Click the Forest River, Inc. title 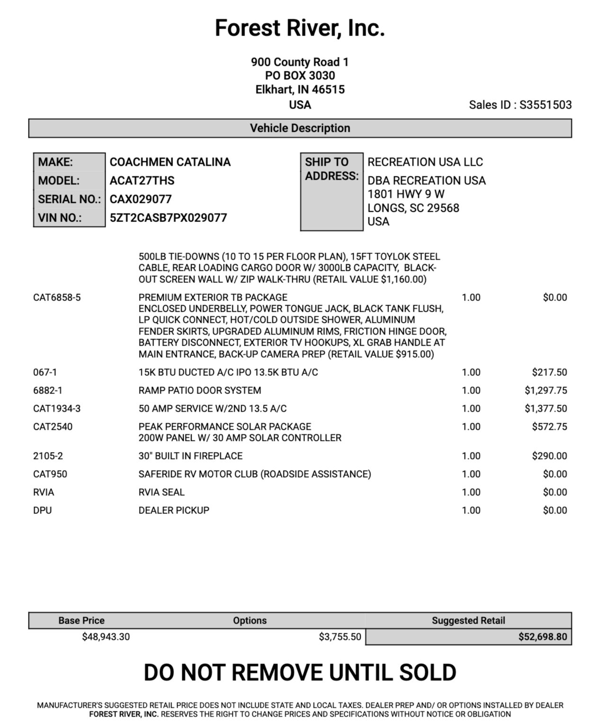click(x=299, y=28)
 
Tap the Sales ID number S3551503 click(x=545, y=105)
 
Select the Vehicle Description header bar click(x=300, y=128)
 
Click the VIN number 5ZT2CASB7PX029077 click(x=168, y=218)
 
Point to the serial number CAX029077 click(x=141, y=199)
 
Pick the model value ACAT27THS click(x=142, y=181)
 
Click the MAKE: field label click(x=55, y=162)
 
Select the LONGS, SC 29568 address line click(x=413, y=208)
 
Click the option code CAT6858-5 click(x=57, y=298)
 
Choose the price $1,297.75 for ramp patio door click(x=545, y=391)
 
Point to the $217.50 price click(x=549, y=373)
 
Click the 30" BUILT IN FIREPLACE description click(x=190, y=456)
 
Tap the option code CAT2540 click(x=53, y=427)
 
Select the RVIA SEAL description click(x=161, y=492)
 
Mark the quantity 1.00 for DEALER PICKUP click(x=471, y=510)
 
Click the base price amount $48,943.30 click(x=106, y=637)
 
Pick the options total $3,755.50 click(x=340, y=637)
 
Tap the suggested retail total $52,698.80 click(x=542, y=637)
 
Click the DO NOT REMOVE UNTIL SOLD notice click(x=300, y=672)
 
